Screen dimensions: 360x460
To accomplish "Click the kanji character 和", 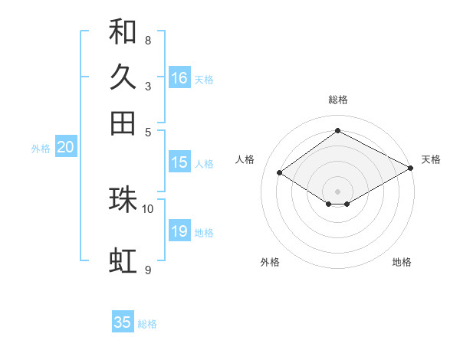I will [x=123, y=32].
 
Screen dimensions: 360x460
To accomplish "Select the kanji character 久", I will [x=123, y=77].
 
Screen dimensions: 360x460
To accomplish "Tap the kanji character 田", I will [x=123, y=123].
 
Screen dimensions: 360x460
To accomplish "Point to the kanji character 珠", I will [x=123, y=199].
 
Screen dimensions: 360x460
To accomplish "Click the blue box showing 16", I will [x=179, y=78].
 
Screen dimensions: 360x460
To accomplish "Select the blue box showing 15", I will [x=179, y=162].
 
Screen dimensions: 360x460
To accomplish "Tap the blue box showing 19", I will [x=179, y=231].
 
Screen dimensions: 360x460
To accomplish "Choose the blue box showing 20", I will [x=65, y=148].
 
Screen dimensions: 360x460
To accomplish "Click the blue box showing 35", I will [x=123, y=322].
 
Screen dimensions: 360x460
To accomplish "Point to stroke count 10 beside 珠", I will [x=148, y=208].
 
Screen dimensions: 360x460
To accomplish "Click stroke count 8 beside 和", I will [x=147, y=40].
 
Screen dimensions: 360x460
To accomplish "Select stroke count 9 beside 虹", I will [x=147, y=270].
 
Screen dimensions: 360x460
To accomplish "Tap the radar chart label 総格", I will [x=337, y=100].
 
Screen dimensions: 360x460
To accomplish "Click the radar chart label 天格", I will [x=431, y=159].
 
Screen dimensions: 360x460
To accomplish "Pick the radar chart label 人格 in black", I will [x=245, y=159].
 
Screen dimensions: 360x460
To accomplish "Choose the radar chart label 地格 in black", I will [x=402, y=262].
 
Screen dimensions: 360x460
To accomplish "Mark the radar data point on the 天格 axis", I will [x=411, y=168].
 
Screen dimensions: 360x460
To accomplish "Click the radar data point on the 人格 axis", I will [x=280, y=173].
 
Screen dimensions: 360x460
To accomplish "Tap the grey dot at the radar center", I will [x=337, y=191].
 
